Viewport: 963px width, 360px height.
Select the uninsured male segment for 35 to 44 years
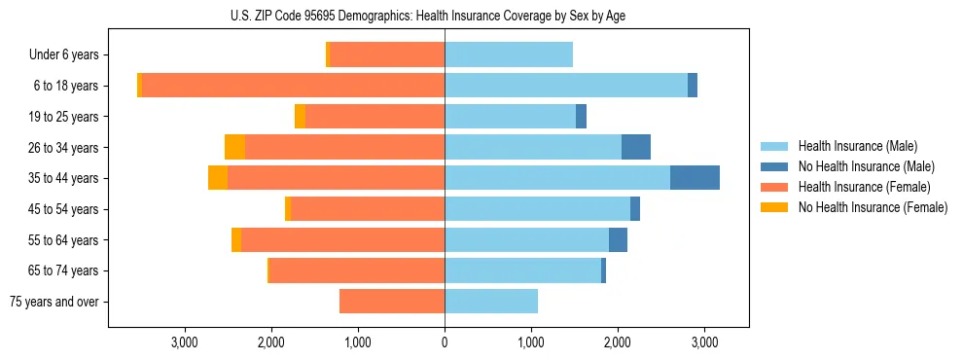[x=695, y=178]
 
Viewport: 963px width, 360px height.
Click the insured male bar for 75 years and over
[x=491, y=302]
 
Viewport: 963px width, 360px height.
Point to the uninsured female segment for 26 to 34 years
[x=234, y=147]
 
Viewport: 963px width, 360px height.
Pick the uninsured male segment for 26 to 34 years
[x=636, y=147]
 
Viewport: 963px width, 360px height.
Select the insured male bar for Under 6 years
[x=509, y=54]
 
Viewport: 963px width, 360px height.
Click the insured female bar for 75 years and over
[x=392, y=302]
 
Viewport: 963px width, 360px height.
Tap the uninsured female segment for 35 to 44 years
[x=218, y=178]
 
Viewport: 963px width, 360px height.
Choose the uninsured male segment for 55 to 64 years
[x=618, y=239]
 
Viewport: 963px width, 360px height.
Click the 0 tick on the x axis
[x=445, y=342]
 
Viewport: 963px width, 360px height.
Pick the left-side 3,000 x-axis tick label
[x=185, y=342]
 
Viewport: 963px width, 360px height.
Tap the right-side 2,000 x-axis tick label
[x=618, y=342]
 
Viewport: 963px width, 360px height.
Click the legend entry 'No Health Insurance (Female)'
[x=873, y=207]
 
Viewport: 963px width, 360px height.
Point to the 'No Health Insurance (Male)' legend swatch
[x=774, y=166]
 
